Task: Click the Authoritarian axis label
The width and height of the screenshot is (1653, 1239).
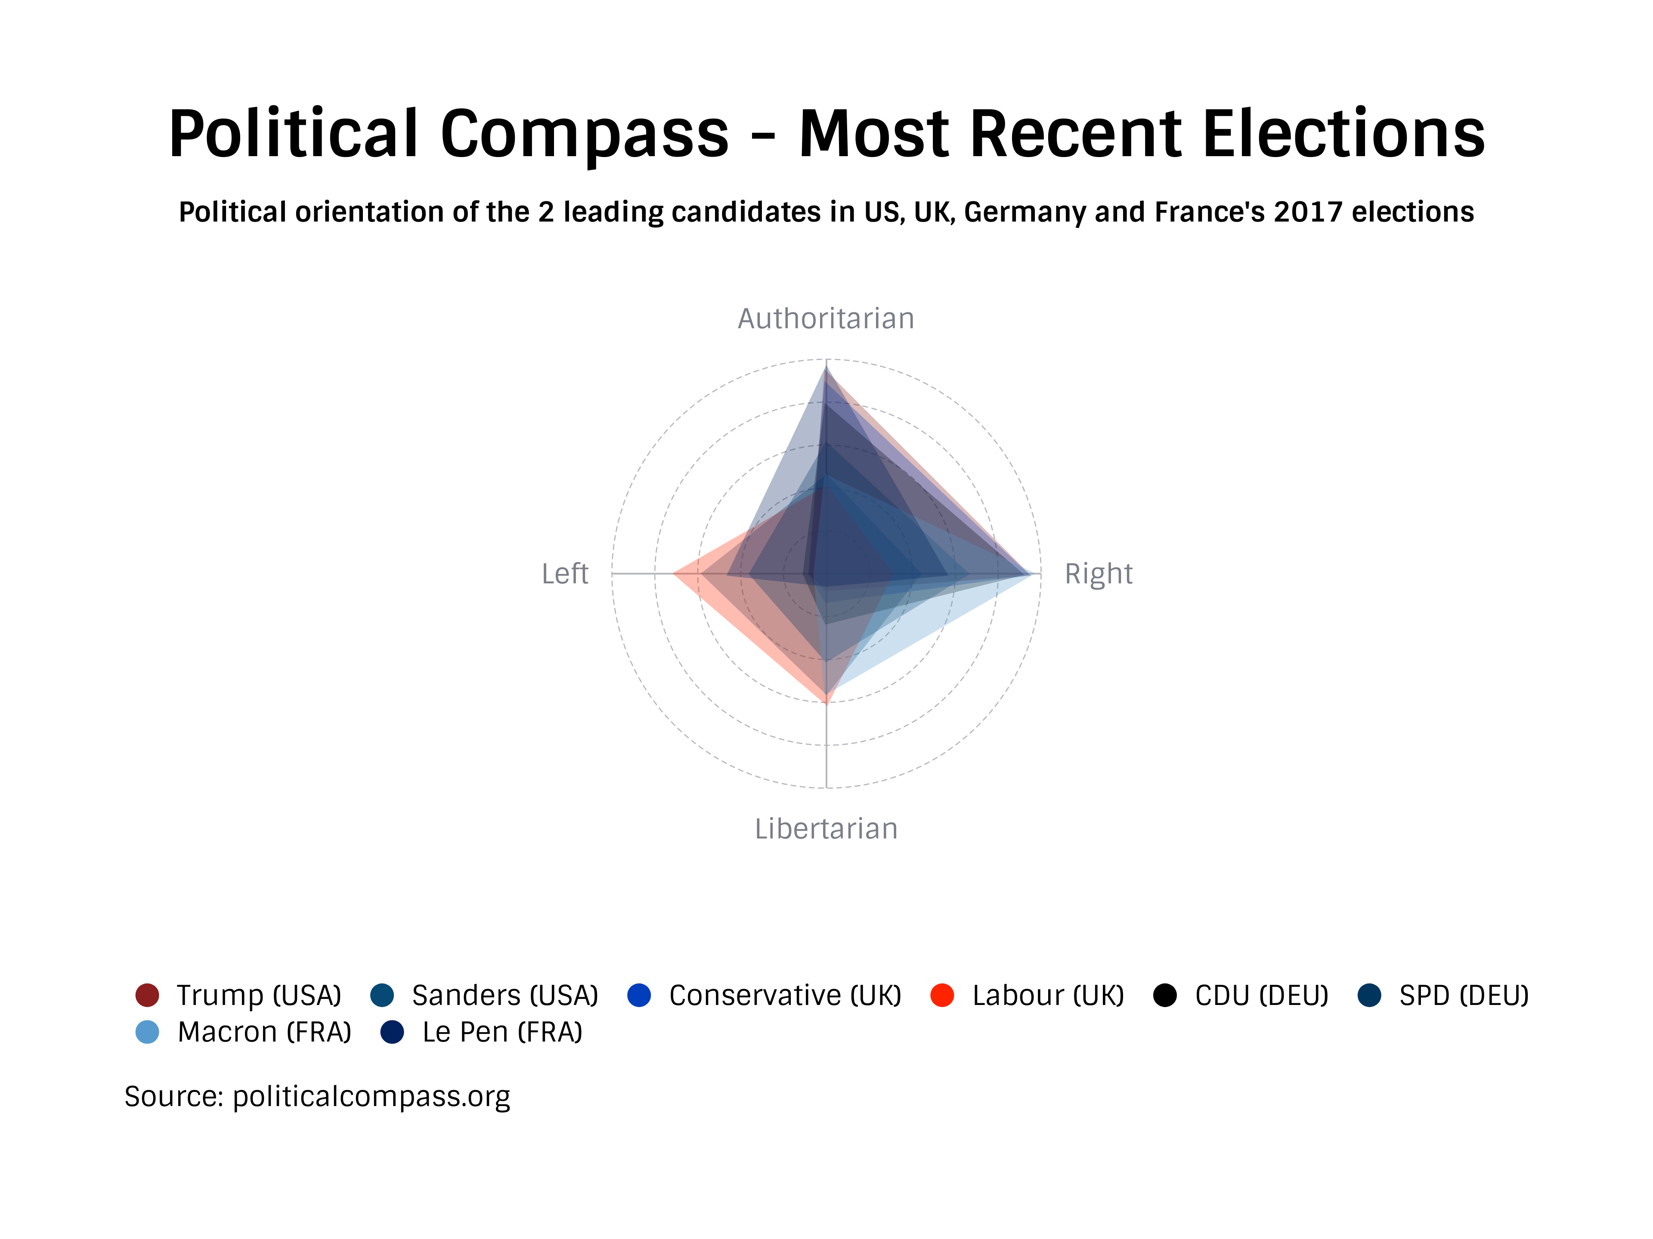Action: click(x=826, y=319)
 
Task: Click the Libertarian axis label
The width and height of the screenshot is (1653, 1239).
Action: click(x=826, y=829)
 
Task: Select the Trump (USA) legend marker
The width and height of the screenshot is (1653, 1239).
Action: click(x=147, y=996)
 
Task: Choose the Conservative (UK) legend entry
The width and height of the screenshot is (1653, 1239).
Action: click(x=785, y=996)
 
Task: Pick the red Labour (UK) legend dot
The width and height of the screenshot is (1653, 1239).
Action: click(x=942, y=996)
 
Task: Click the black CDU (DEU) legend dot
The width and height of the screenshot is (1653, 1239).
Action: click(x=1164, y=996)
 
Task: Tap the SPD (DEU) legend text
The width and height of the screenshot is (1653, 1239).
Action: click(x=1463, y=996)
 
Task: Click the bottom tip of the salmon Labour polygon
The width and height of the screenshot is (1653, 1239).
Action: click(x=826, y=703)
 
